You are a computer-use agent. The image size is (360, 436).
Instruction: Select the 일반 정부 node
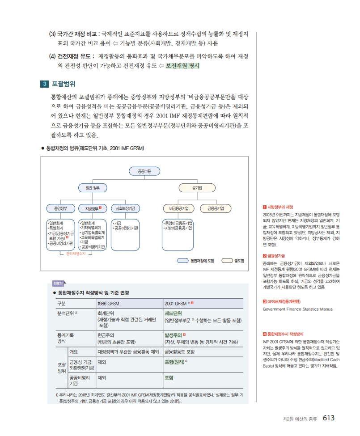tap(92, 187)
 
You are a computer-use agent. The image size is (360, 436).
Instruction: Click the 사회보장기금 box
tap(125, 208)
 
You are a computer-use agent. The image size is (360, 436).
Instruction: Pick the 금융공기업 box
tap(216, 208)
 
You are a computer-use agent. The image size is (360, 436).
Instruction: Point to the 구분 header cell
tap(62, 303)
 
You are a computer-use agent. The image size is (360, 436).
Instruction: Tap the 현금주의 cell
tap(106, 334)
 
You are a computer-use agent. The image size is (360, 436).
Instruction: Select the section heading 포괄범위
tap(64, 84)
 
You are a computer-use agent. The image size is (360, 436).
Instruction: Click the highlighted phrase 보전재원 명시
tap(182, 66)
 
